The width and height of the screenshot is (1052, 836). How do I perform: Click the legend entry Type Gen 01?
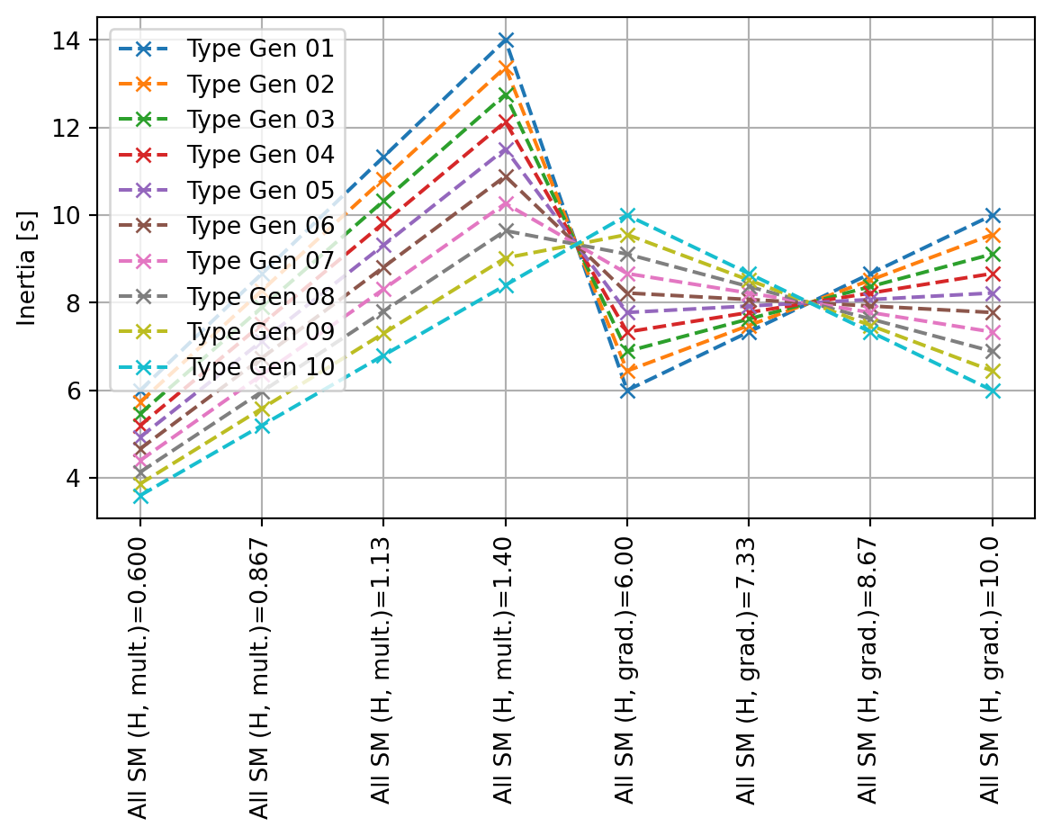pos(259,48)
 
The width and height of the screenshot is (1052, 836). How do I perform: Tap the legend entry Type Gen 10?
pos(259,366)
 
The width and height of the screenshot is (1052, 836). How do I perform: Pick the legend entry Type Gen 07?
pos(259,260)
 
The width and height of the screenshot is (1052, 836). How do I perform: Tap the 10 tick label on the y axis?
pos(76,216)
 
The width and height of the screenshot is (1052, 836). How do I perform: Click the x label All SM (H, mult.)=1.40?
pos(505,676)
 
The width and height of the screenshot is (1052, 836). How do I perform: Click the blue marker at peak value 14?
pos(506,40)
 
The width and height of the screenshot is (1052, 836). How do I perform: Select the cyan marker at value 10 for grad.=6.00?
pos(627,215)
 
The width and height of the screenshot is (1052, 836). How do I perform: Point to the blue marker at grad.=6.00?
pos(627,391)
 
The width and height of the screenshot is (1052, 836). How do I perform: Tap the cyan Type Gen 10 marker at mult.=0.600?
pos(140,496)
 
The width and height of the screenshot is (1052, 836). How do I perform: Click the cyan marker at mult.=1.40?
pos(506,285)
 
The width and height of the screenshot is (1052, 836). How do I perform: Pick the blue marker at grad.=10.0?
pos(993,215)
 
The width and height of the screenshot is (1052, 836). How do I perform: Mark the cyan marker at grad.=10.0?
pos(993,391)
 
